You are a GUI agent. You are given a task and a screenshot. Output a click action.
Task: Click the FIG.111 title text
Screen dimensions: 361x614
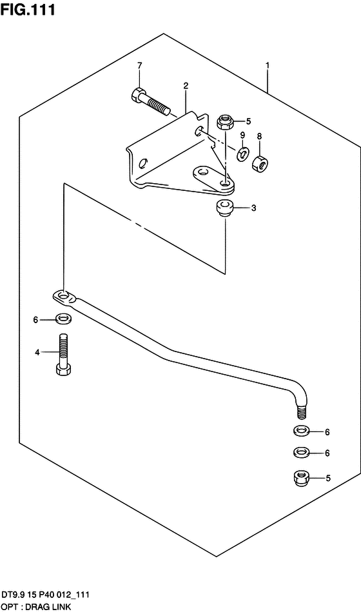[x=28, y=10]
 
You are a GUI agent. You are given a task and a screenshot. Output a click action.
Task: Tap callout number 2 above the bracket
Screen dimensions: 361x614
[x=186, y=85]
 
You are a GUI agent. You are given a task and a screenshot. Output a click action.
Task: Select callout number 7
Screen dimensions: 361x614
[x=139, y=66]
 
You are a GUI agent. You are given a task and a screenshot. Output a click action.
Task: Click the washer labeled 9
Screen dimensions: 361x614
[x=242, y=153]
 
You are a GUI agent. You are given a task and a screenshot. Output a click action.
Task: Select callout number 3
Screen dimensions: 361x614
[x=253, y=208]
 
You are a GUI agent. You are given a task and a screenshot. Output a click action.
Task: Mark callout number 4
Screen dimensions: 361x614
[x=37, y=352]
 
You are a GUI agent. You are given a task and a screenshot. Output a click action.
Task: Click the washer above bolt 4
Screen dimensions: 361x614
[x=63, y=319]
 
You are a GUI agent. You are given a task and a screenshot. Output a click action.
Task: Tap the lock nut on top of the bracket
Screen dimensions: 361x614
[x=225, y=121]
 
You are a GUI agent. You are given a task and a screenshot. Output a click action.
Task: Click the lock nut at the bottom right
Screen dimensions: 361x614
[x=300, y=477]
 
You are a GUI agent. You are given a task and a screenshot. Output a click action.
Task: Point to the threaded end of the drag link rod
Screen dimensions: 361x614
[x=301, y=412]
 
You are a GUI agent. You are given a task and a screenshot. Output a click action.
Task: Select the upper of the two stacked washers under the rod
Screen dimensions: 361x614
[x=300, y=431]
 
